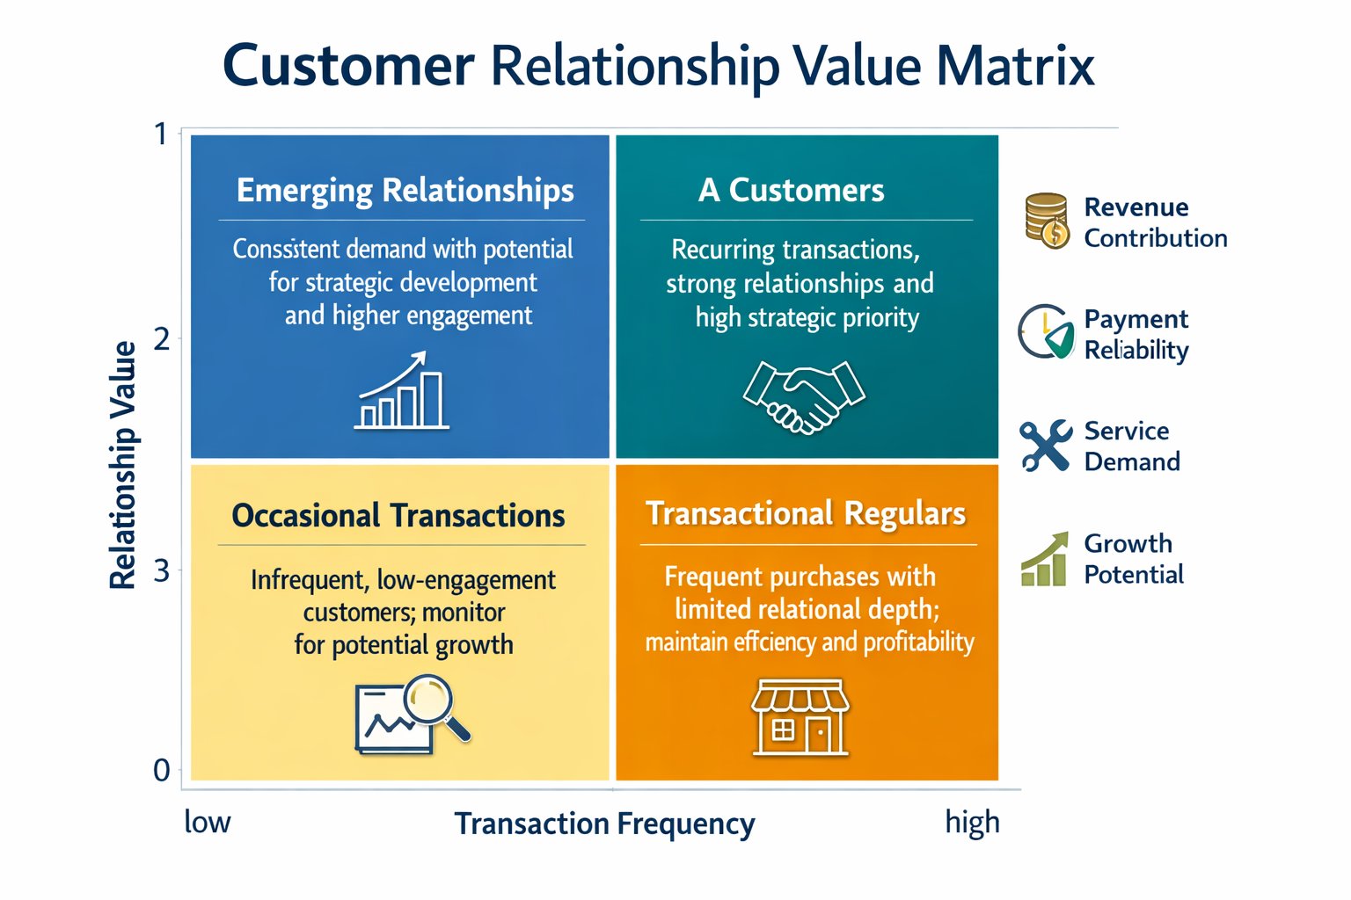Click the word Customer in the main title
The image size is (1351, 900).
pyautogui.click(x=348, y=66)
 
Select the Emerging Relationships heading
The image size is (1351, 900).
pyautogui.click(x=405, y=191)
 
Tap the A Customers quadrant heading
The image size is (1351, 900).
pyautogui.click(x=792, y=190)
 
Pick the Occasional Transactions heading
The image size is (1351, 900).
pyautogui.click(x=398, y=515)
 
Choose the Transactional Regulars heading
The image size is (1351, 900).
pyautogui.click(x=806, y=513)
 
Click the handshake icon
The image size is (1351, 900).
pyautogui.click(x=804, y=397)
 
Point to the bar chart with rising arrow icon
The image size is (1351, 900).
pyautogui.click(x=401, y=390)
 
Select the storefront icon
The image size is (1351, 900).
pyautogui.click(x=800, y=717)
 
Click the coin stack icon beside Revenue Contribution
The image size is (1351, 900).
pyautogui.click(x=1048, y=221)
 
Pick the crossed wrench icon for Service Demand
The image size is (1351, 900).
pyautogui.click(x=1046, y=446)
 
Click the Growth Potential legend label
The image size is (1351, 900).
pyautogui.click(x=1133, y=559)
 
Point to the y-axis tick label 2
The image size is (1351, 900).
pyautogui.click(x=162, y=340)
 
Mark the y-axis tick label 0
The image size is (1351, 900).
pyautogui.click(x=162, y=771)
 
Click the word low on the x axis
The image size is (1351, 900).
pyautogui.click(x=207, y=822)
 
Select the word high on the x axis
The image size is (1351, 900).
pyautogui.click(x=972, y=824)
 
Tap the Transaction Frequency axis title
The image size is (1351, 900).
pyautogui.click(x=604, y=824)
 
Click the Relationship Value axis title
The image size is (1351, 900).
pyautogui.click(x=122, y=465)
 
